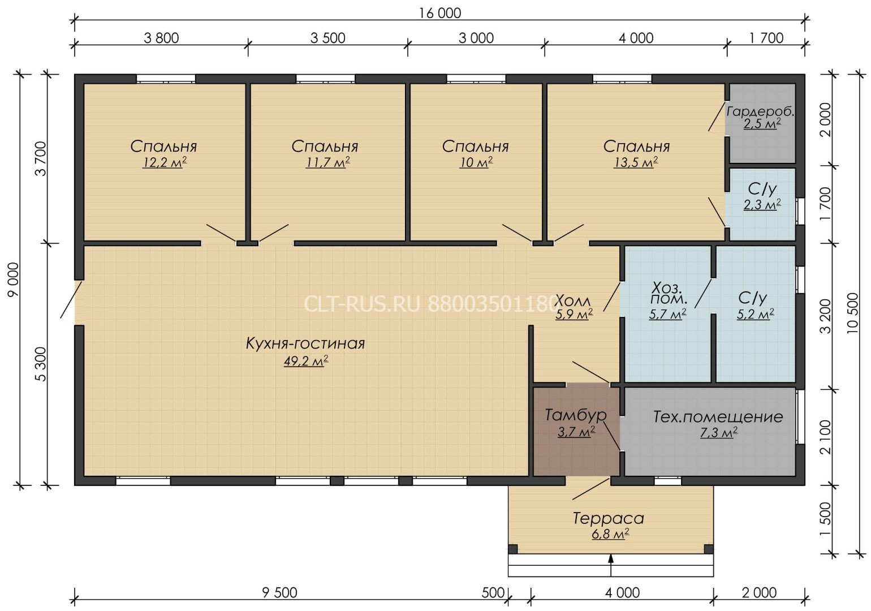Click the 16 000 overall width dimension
[x=440, y=13]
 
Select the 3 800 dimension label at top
[x=161, y=38]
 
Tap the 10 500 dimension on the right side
[x=852, y=313]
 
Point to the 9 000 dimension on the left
[x=14, y=279]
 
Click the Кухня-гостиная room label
[x=305, y=344]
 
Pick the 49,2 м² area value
[x=306, y=362]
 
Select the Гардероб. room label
[x=761, y=111]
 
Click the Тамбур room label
[x=576, y=415]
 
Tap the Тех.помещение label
[x=718, y=417]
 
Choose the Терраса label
[x=609, y=518]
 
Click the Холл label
[x=573, y=300]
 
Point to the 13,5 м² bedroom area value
[x=636, y=162]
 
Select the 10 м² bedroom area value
[x=476, y=162]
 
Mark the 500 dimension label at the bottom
[x=493, y=593]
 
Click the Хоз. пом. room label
[x=668, y=293]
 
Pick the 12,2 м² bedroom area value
[x=165, y=162]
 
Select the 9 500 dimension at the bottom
[x=279, y=593]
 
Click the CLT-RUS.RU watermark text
[x=363, y=304]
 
